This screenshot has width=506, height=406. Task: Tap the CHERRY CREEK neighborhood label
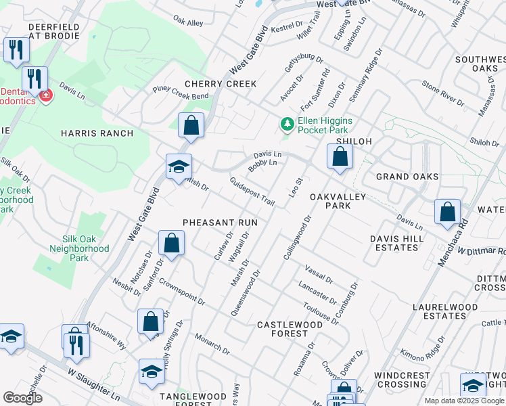pos(221,84)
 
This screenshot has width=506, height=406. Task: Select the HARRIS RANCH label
pos(97,133)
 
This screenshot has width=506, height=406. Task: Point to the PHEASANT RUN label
pos(220,222)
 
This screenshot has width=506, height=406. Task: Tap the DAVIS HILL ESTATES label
pos(396,243)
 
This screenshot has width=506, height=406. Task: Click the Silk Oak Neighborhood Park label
pos(79,248)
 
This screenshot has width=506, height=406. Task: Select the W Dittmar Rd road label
pos(481,250)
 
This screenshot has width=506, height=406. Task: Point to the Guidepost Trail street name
pos(252,192)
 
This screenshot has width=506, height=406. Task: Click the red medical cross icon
pos(45,97)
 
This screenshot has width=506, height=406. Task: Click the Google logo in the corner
pos(22,398)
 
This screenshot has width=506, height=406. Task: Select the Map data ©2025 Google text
pos(464,401)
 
